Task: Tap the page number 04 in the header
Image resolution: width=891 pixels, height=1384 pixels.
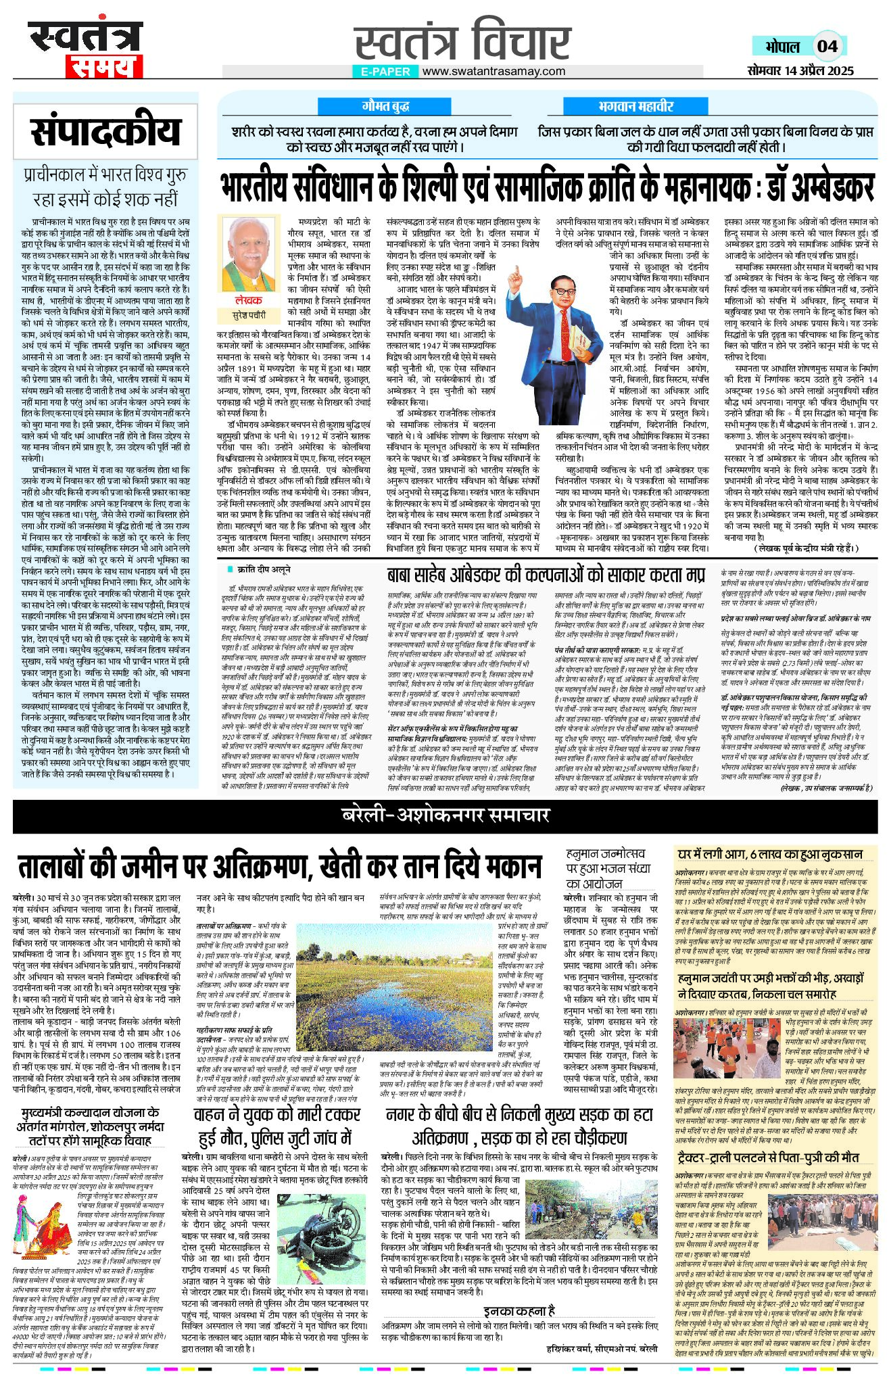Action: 827,46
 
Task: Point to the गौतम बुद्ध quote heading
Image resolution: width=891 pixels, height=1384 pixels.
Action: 385,106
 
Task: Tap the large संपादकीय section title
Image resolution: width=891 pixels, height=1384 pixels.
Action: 105,132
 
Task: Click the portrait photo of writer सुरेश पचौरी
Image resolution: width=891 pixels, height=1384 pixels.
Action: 249,255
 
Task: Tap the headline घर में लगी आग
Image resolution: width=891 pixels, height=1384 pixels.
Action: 770,855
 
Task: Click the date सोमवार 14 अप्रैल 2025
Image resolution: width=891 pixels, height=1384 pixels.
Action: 800,70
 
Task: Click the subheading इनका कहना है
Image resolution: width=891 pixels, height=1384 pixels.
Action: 520,1309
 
